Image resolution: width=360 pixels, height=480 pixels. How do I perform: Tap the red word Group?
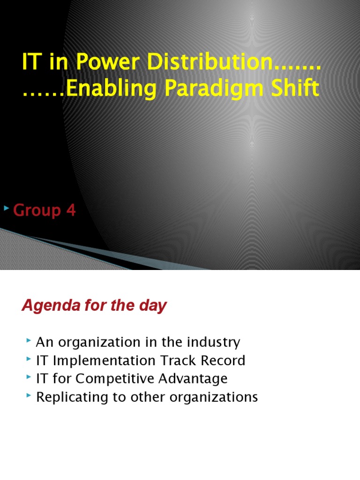[37, 211]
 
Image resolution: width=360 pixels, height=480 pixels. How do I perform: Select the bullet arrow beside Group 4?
[6, 207]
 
